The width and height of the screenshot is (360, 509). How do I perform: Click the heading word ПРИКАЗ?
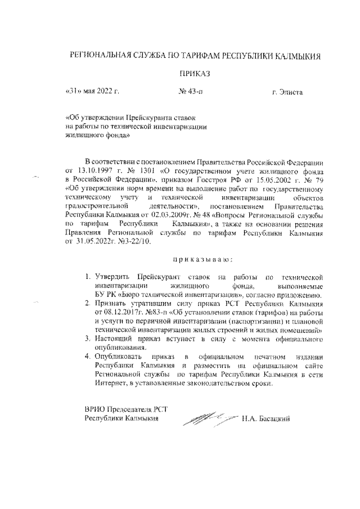(x=193, y=74)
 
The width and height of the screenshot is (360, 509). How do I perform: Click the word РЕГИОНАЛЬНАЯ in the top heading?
(x=99, y=56)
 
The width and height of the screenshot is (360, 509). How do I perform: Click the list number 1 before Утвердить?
(x=88, y=278)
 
